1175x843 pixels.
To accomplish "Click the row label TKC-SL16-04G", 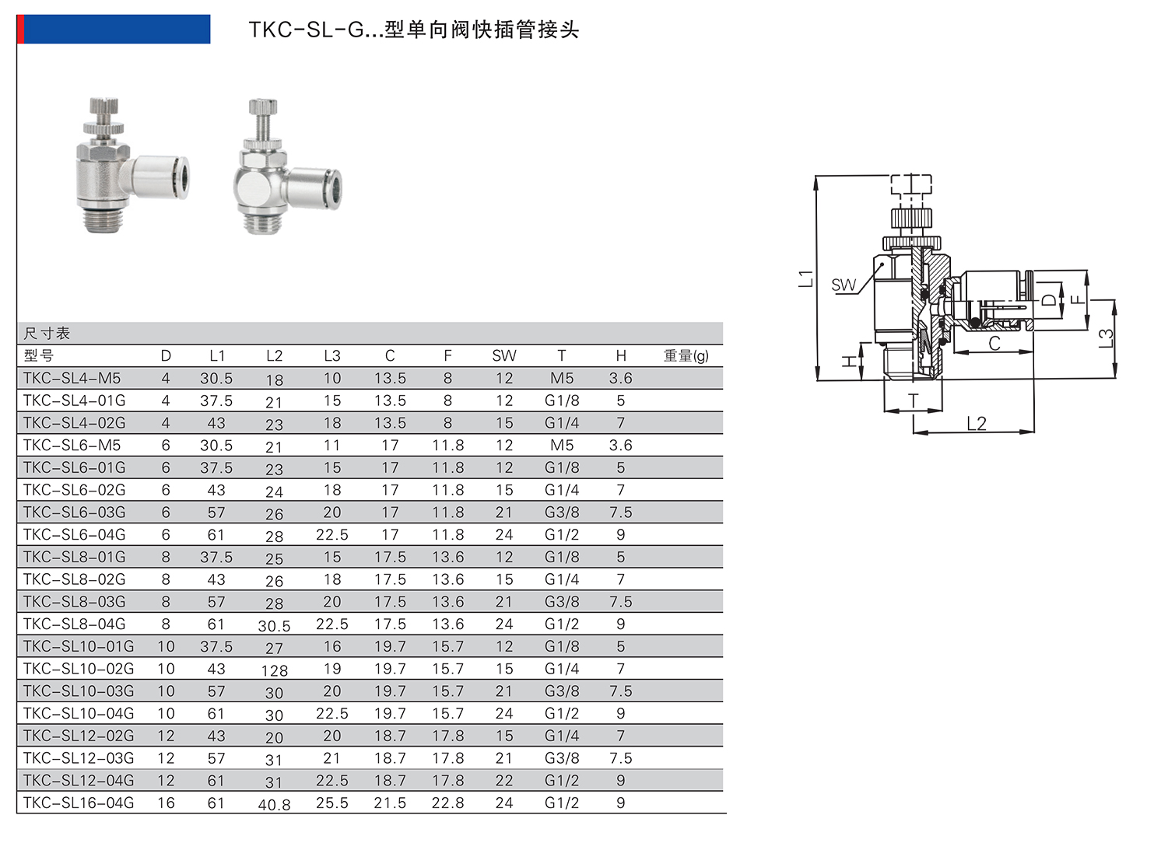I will tap(79, 803).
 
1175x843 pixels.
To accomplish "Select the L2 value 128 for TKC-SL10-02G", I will tap(274, 670).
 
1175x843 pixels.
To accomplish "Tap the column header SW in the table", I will tap(503, 355).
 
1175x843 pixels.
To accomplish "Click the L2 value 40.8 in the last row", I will tap(274, 805).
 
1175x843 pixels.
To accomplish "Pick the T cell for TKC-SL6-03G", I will tap(561, 512).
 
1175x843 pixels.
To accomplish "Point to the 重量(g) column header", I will tap(686, 355).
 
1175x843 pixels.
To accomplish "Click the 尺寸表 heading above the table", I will tap(47, 334).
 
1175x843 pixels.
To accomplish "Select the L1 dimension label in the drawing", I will tap(806, 278).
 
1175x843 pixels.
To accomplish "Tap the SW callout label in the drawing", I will tap(843, 285).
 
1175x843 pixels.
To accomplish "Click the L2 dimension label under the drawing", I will tap(976, 423).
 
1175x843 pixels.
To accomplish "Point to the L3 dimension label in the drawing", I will tap(1106, 338).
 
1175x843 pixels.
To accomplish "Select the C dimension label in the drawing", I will tap(994, 344).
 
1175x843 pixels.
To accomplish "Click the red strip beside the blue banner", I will tap(20, 29).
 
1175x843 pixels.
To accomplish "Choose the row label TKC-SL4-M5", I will tap(72, 378).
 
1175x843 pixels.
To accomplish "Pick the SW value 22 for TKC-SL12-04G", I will tap(503, 780).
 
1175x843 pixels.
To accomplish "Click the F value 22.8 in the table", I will tap(447, 803).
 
